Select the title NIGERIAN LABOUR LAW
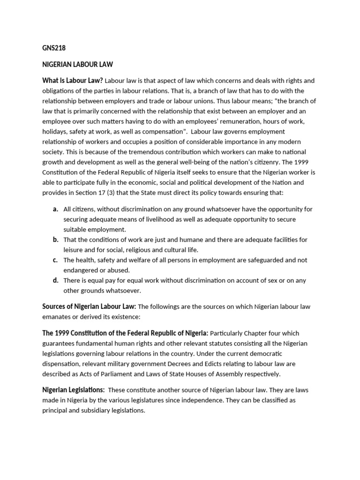coord(77,64)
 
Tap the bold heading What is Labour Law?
coord(72,80)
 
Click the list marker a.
coord(55,209)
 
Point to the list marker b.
coord(55,240)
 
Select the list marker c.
coord(55,260)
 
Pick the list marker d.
coord(55,280)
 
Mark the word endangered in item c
coord(81,270)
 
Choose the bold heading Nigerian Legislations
coord(73,390)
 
